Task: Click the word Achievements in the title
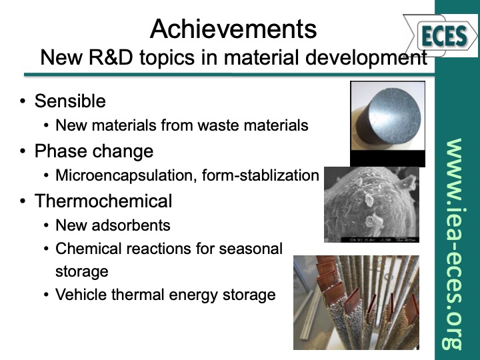[x=233, y=29]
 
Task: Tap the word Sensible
[x=70, y=101]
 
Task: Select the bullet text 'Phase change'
[x=93, y=151]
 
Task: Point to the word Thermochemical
[x=103, y=201]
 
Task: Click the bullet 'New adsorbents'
[x=113, y=225]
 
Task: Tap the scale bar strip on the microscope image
[x=371, y=239]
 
